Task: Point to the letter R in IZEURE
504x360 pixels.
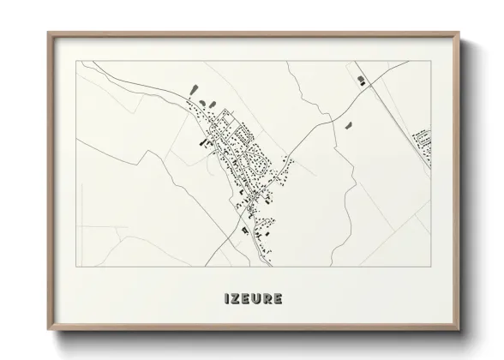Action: pos(269,299)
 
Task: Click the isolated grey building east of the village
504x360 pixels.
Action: pos(350,125)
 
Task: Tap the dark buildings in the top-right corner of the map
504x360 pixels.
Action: pos(362,81)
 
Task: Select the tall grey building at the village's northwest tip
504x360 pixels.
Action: pos(192,90)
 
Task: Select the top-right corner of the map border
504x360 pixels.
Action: pos(431,61)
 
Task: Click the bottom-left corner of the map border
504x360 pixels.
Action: pos(77,267)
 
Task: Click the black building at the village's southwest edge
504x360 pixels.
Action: pos(244,230)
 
